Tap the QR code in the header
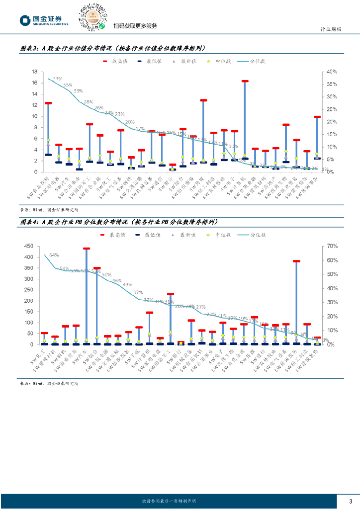point(92,17)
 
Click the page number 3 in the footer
point(351,500)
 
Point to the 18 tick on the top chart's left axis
point(35,72)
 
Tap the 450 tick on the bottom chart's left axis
point(28,246)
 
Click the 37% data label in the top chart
point(57,79)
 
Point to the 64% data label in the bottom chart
point(54,254)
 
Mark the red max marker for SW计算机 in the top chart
point(245,81)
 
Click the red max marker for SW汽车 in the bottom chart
point(87,249)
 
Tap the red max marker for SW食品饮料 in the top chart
point(48,103)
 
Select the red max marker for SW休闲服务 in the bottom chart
point(296,261)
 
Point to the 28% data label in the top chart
point(89,102)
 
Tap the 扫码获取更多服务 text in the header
point(135,26)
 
